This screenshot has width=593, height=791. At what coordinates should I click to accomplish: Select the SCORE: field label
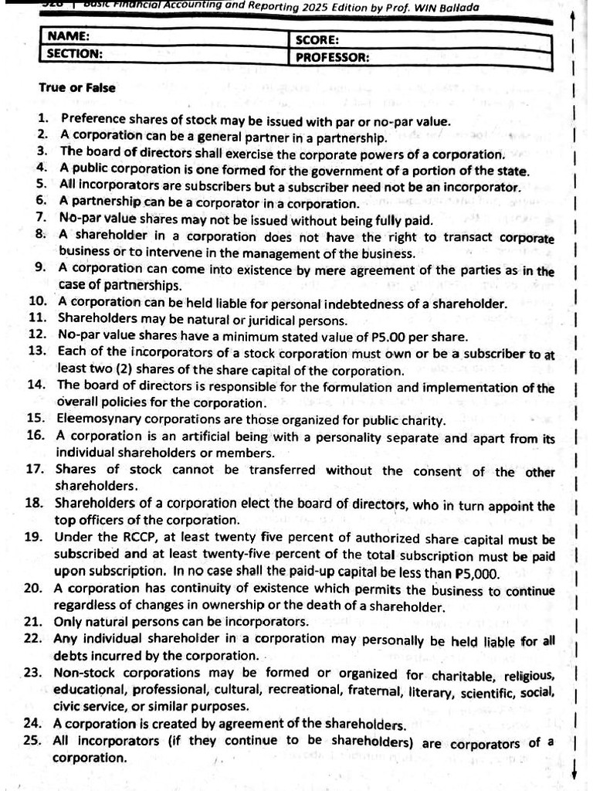pos(318,39)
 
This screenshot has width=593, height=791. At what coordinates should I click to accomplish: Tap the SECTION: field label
pos(75,54)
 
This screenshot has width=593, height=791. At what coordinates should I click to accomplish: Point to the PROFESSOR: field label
pos(332,57)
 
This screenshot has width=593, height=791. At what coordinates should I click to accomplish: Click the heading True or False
pos(77,88)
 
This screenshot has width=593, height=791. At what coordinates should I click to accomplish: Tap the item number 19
pos(33,538)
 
